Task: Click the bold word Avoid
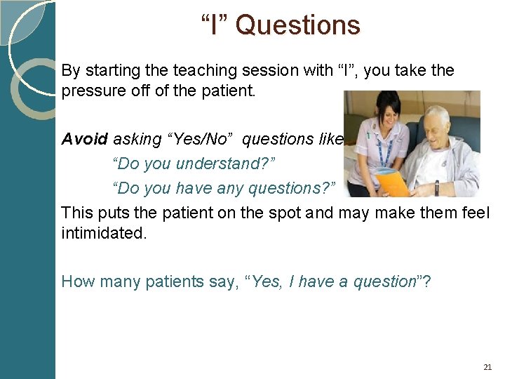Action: point(85,139)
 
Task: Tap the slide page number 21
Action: point(488,367)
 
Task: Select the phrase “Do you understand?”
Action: point(194,164)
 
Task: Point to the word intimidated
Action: point(104,233)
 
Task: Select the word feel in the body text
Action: point(476,212)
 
